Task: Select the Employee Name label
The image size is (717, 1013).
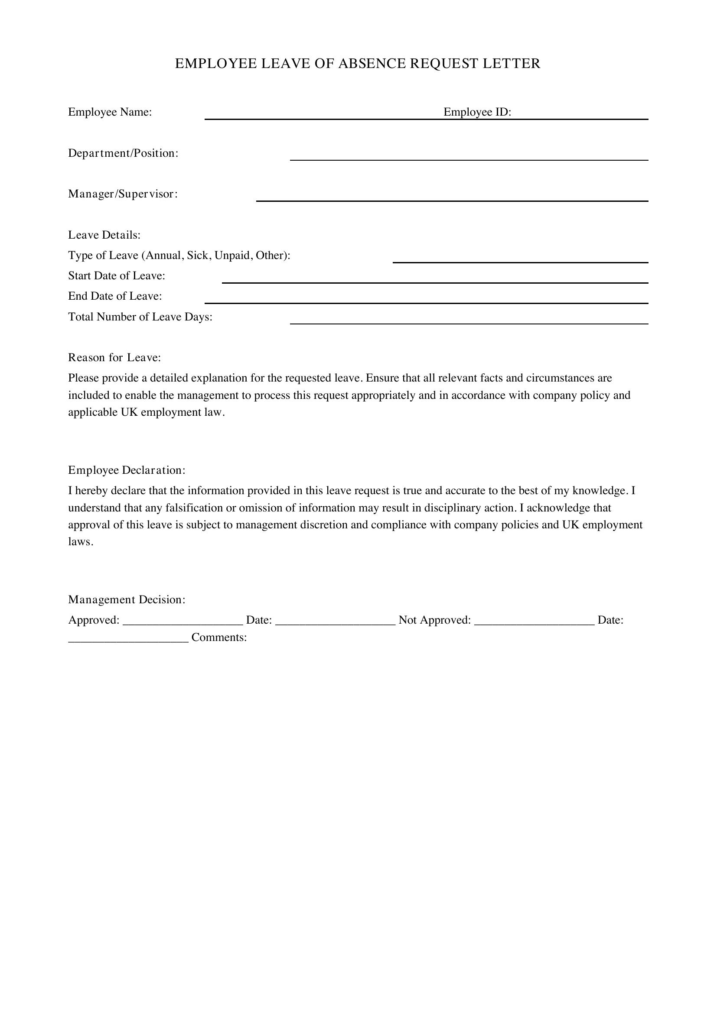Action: [x=110, y=112]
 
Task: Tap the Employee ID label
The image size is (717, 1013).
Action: [x=477, y=112]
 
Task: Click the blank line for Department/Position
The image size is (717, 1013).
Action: [x=469, y=159]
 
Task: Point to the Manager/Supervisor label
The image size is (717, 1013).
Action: [x=123, y=194]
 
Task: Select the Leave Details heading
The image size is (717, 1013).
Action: [x=104, y=235]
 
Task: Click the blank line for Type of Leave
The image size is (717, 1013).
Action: [x=520, y=262]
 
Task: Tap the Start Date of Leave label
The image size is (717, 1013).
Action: [x=117, y=276]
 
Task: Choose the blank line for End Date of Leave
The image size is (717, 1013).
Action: [x=426, y=302]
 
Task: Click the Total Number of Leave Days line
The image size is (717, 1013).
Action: [x=469, y=323]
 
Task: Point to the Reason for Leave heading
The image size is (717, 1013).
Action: [x=114, y=357]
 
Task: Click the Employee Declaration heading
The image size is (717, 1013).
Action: [x=127, y=470]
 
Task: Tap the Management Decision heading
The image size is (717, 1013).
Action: [x=127, y=599]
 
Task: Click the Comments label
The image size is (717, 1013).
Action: [x=219, y=638]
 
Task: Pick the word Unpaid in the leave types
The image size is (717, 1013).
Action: [x=232, y=256]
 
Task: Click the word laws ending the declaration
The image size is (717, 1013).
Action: [x=80, y=542]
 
